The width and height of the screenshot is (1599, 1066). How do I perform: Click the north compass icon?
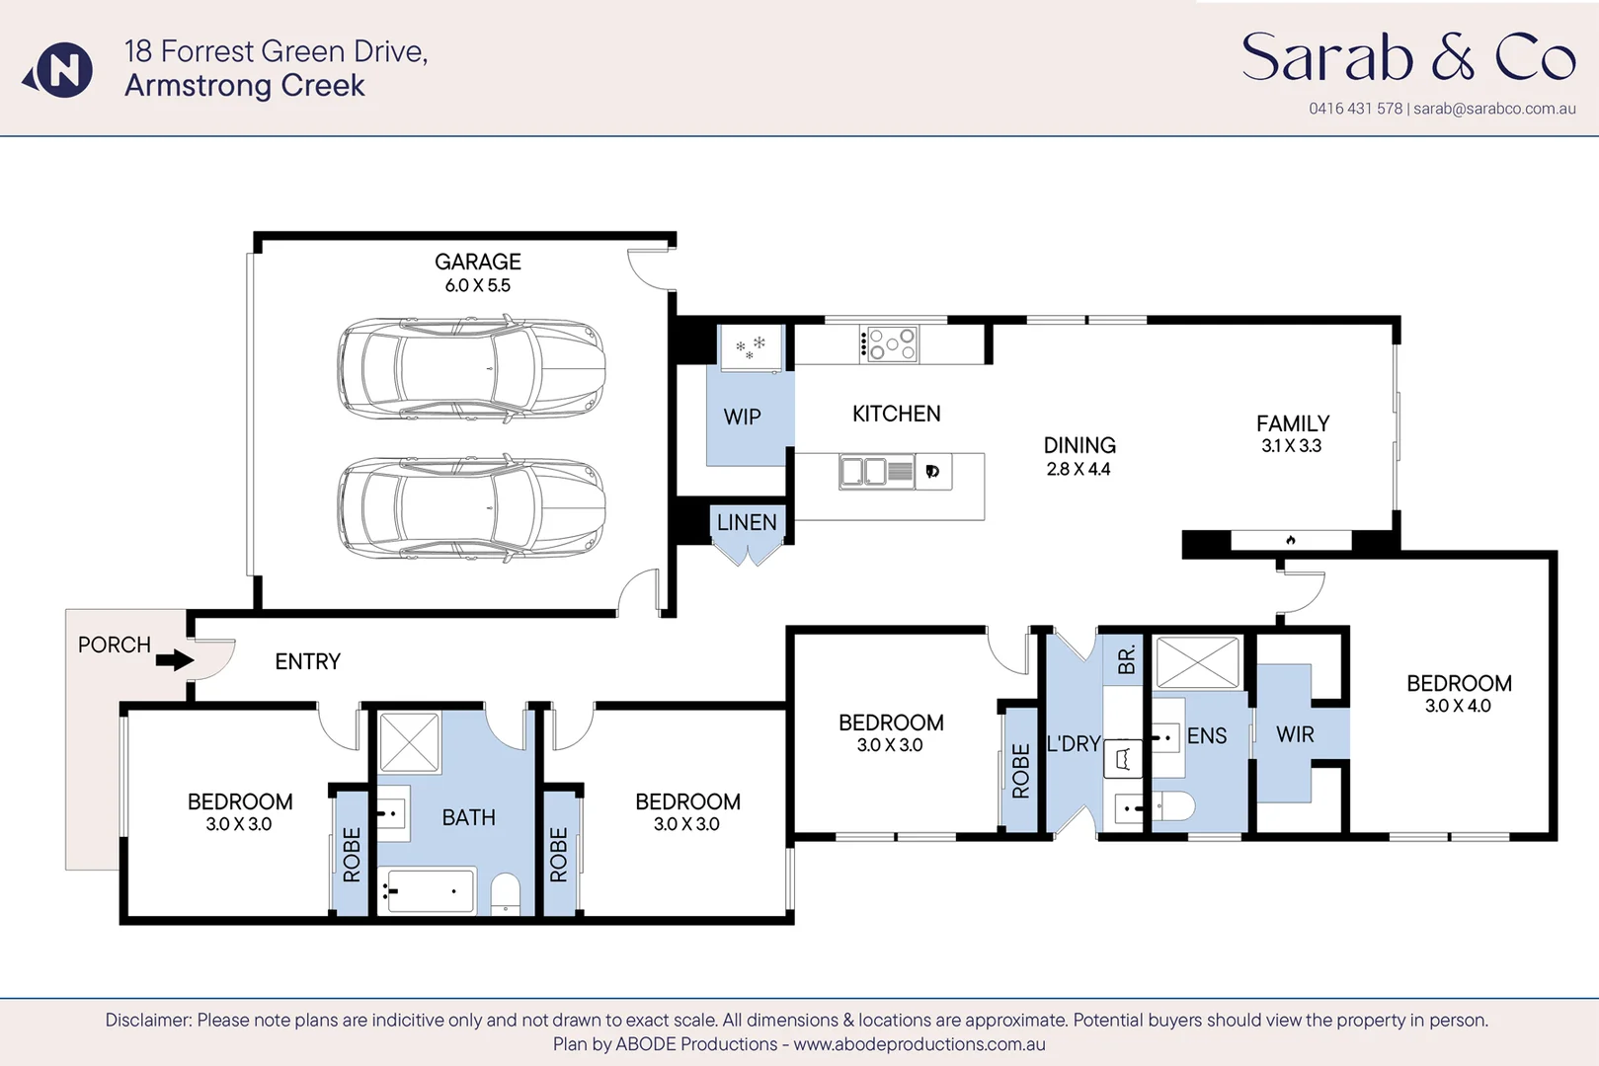[59, 70]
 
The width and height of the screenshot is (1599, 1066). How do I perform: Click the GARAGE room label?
[477, 262]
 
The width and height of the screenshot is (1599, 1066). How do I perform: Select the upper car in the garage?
[471, 369]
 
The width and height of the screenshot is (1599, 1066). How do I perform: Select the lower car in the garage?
[471, 508]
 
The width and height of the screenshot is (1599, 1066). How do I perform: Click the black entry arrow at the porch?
[175, 659]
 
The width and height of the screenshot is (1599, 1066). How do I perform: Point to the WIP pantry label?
[742, 418]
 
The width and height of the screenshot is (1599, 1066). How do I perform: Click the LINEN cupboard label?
[747, 522]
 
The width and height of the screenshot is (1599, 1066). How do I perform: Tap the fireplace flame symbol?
[1291, 540]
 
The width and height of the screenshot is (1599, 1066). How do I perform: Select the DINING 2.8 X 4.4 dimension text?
[1079, 470]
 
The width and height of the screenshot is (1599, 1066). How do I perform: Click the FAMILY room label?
[1293, 423]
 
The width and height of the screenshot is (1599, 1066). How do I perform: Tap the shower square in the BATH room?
[409, 742]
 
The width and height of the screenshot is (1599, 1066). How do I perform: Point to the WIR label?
[1295, 734]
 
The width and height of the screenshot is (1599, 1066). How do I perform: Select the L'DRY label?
[1074, 744]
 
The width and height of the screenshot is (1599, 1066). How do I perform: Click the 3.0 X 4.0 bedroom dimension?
[1458, 706]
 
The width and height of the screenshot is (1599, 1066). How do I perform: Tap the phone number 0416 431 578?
[1355, 109]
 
